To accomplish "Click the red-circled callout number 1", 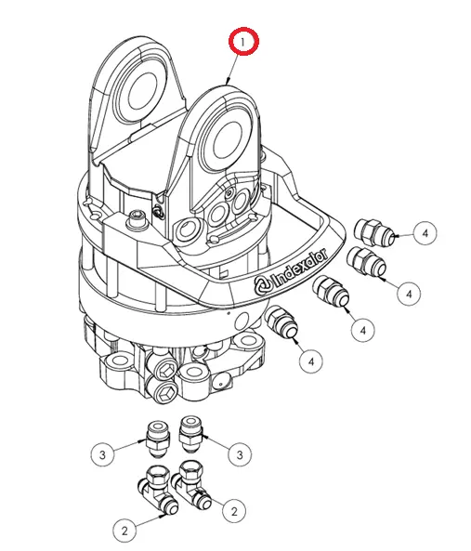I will pyautogui.click(x=245, y=42).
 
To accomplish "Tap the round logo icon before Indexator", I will pyautogui.click(x=261, y=286).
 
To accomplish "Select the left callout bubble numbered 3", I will pyautogui.click(x=104, y=454).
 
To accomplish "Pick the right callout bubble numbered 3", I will pyautogui.click(x=240, y=454).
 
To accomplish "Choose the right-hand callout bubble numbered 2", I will pyautogui.click(x=232, y=510).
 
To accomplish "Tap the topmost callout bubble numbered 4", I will pyautogui.click(x=425, y=232).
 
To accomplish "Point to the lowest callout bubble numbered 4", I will pyautogui.click(x=310, y=360).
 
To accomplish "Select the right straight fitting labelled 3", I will pyautogui.click(x=190, y=429).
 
